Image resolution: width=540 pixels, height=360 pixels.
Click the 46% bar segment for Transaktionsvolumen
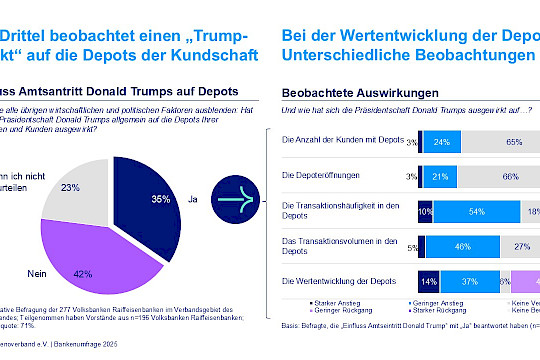(463, 245)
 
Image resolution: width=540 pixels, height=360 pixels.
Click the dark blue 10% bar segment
(425, 211)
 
